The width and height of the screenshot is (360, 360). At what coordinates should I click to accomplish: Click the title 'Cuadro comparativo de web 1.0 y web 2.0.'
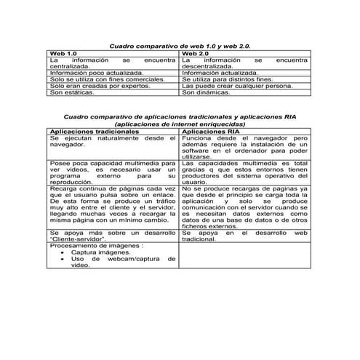click(x=179, y=45)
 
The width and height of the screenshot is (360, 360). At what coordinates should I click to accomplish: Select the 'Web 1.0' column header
click(x=63, y=54)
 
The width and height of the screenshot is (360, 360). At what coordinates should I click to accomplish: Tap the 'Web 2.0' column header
click(x=195, y=54)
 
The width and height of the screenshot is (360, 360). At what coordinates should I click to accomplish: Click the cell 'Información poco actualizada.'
click(x=97, y=73)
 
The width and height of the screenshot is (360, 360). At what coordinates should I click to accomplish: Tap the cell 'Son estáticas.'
click(x=72, y=93)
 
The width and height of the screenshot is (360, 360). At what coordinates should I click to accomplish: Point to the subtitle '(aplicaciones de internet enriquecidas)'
click(x=180, y=124)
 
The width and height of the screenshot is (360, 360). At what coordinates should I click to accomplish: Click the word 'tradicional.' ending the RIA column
click(x=199, y=239)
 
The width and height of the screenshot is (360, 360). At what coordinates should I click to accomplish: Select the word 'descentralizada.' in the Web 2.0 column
click(x=208, y=66)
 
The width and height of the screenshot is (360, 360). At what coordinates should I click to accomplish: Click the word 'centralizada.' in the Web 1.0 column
click(x=71, y=66)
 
